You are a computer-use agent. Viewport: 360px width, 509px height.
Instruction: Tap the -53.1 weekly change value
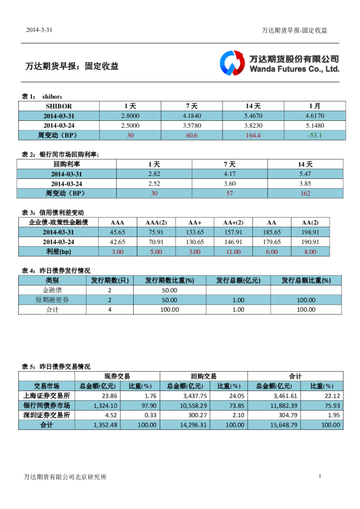315,135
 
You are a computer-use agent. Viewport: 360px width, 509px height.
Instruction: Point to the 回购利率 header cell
67,164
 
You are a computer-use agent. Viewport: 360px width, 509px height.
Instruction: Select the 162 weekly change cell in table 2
305,193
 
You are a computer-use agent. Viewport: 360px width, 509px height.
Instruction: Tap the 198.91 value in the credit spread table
310,232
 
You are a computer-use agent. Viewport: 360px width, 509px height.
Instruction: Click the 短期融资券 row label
52,300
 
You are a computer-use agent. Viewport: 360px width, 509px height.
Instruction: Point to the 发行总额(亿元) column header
238,280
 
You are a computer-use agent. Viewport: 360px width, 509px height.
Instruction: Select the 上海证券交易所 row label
46,396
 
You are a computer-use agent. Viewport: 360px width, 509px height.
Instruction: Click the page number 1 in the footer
319,477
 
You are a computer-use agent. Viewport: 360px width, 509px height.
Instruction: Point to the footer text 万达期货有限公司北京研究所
65,478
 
